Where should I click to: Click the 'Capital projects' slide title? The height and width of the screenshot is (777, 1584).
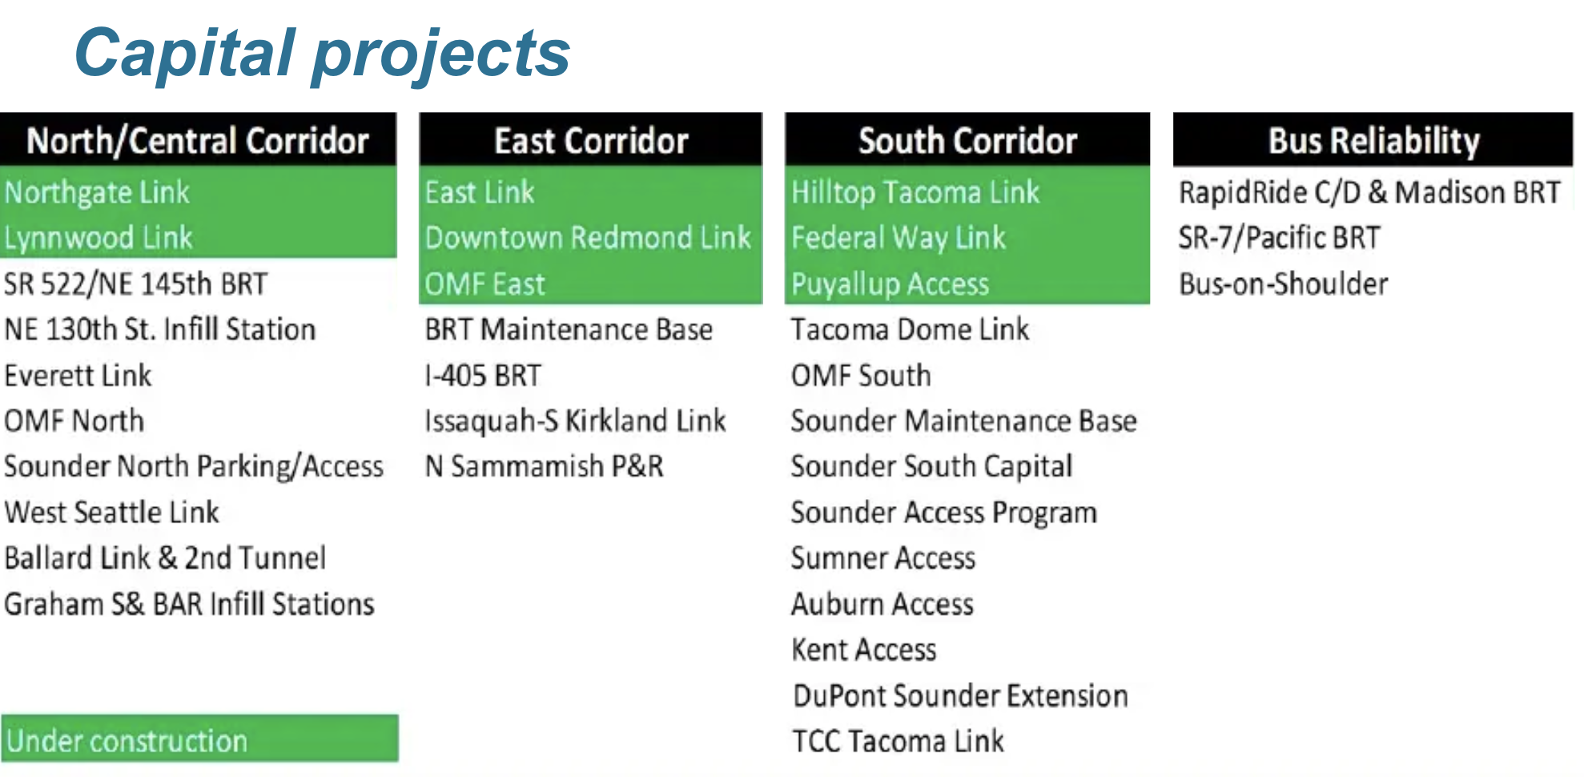pos(322,54)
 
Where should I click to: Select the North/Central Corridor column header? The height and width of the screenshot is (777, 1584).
pos(198,140)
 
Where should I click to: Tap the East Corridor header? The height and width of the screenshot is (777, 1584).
pos(591,140)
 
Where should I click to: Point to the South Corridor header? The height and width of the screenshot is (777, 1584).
pos(967,140)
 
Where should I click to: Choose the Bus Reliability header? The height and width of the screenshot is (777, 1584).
pos(1373,140)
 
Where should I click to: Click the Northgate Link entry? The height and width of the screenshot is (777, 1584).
pos(97,193)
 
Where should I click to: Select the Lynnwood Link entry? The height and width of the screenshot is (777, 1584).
pos(98,238)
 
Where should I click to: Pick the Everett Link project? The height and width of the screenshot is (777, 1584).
pos(78,376)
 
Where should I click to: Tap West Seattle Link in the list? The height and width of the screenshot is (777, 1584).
pos(111,513)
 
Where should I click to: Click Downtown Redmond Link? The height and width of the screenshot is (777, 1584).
pos(588,238)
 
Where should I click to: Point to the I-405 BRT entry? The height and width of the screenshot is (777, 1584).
pos(483,376)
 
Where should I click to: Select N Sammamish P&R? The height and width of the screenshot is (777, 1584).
pos(545,467)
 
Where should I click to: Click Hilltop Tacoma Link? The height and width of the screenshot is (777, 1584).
pos(915,193)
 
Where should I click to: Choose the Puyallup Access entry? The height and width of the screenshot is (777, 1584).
pos(890,284)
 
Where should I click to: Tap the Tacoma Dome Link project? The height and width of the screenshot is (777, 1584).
pos(910,330)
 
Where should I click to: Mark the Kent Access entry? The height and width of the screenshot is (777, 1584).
pos(864,650)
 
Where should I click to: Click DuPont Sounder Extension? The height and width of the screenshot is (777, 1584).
pos(960,696)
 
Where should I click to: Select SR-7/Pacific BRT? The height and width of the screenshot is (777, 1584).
pos(1280,238)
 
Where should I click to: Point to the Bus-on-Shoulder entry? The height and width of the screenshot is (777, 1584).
pos(1284,284)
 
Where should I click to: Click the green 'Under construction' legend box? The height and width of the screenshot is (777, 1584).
pos(199,739)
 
